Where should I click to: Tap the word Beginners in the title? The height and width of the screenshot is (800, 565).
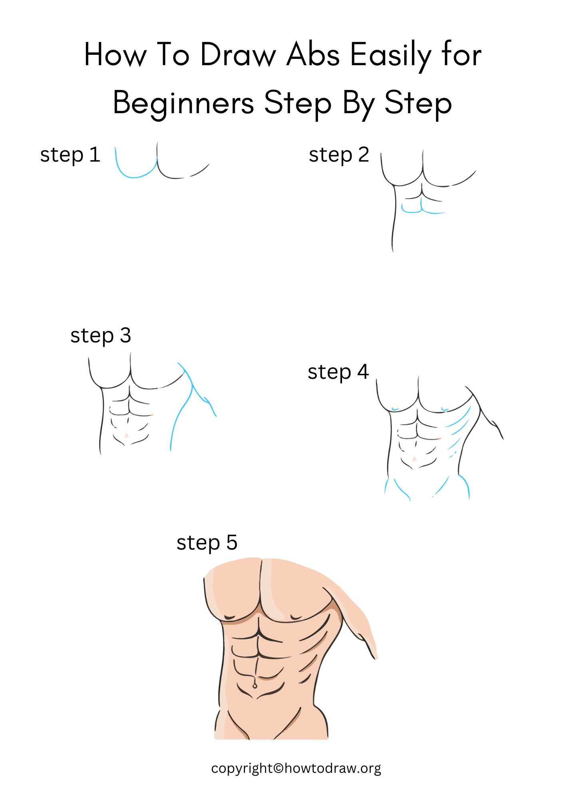pyautogui.click(x=183, y=103)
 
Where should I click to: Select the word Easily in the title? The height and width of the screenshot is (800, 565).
pyautogui.click(x=391, y=55)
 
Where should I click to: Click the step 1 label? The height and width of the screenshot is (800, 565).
pyautogui.click(x=70, y=155)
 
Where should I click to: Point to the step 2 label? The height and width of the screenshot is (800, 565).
pyautogui.click(x=339, y=155)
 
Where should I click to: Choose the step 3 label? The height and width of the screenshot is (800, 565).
pyautogui.click(x=101, y=335)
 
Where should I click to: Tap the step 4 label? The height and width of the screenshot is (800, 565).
pyautogui.click(x=338, y=372)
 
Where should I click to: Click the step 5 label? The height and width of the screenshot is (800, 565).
pyautogui.click(x=207, y=543)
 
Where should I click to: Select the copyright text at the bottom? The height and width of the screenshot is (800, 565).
pyautogui.click(x=296, y=768)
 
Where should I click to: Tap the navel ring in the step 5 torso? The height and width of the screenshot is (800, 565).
pyautogui.click(x=255, y=686)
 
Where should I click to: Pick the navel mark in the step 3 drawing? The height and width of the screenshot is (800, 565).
pyautogui.click(x=127, y=435)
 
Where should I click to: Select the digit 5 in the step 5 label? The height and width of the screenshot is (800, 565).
pyautogui.click(x=232, y=543)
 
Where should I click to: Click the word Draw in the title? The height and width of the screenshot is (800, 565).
pyautogui.click(x=238, y=55)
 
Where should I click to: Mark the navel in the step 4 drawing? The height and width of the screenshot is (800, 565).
pyautogui.click(x=414, y=459)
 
